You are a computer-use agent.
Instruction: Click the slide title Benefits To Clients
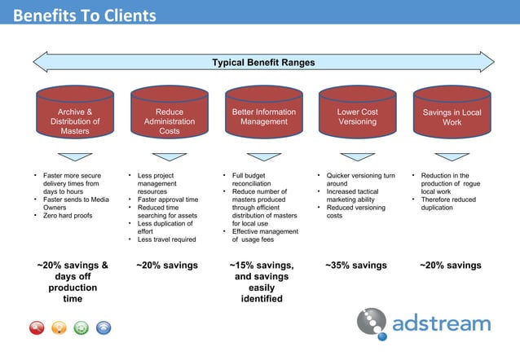[85, 15]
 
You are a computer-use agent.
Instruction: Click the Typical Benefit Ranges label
[263, 63]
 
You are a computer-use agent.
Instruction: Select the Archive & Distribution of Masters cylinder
[75, 121]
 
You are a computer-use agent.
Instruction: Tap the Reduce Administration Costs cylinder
[170, 121]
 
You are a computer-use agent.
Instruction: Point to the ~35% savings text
[356, 266]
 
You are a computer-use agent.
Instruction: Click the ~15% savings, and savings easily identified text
[262, 282]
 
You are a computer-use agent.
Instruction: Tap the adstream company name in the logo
[441, 324]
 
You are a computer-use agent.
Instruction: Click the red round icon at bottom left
[37, 328]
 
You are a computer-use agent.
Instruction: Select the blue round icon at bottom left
[104, 328]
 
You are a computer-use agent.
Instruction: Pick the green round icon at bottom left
[82, 328]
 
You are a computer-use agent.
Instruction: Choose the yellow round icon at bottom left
[59, 328]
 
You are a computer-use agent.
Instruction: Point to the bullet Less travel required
[166, 239]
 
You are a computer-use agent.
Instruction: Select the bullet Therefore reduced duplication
[447, 204]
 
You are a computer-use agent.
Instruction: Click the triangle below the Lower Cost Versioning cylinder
[358, 156]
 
